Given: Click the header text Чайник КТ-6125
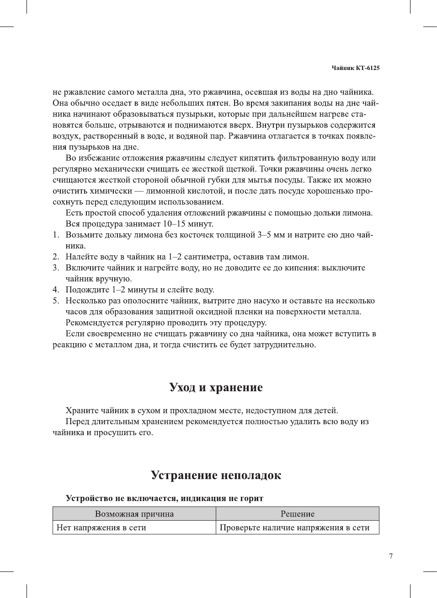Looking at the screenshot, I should coord(355,68).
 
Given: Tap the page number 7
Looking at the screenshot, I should coord(390,556).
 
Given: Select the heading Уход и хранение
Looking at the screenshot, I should coord(216,387).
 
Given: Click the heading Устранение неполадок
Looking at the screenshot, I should coord(216,475).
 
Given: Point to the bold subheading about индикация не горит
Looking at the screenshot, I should coord(165,498).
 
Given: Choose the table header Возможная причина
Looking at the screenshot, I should coord(134,513).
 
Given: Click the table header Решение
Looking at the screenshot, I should coord(297,513).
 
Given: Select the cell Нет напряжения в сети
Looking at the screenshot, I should coord(101,527).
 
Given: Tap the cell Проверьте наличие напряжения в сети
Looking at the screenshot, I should coord(294,527).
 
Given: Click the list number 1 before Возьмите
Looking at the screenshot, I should coord(55,235).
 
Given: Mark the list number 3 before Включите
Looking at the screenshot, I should coord(55,268).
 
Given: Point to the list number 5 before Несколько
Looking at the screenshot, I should coord(55,301).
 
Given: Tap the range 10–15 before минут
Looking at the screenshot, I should coord(174,224).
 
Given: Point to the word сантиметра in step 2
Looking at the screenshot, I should coord(206,257).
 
